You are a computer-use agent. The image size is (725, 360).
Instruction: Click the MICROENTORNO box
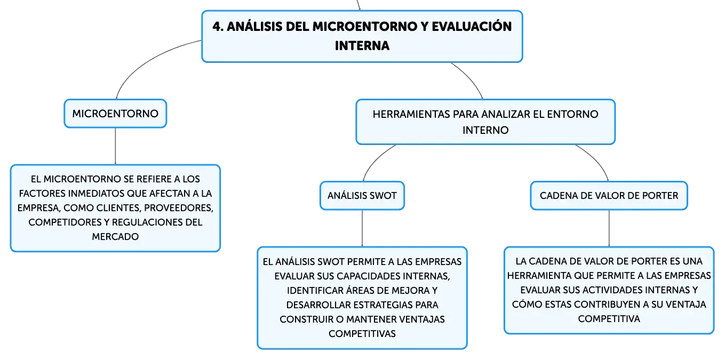(115, 114)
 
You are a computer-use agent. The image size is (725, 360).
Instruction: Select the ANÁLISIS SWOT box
(362, 195)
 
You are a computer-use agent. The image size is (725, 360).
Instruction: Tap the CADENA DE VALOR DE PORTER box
(609, 195)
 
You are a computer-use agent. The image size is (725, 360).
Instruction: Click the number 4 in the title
(218, 27)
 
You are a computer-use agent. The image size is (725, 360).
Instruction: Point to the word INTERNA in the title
(362, 46)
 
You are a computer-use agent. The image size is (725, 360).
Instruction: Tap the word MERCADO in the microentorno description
(115, 237)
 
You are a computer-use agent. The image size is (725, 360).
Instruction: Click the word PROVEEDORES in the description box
(179, 208)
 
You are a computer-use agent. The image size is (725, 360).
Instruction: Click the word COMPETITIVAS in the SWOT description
(362, 334)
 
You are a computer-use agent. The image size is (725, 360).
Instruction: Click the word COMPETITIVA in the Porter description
(609, 319)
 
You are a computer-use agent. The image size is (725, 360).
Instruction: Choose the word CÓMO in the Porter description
(527, 304)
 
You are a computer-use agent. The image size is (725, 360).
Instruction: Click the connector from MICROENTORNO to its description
(115, 146)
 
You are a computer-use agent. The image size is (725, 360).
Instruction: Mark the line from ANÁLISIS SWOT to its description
(362, 228)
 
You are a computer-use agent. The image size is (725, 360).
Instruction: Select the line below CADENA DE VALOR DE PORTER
(609, 228)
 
